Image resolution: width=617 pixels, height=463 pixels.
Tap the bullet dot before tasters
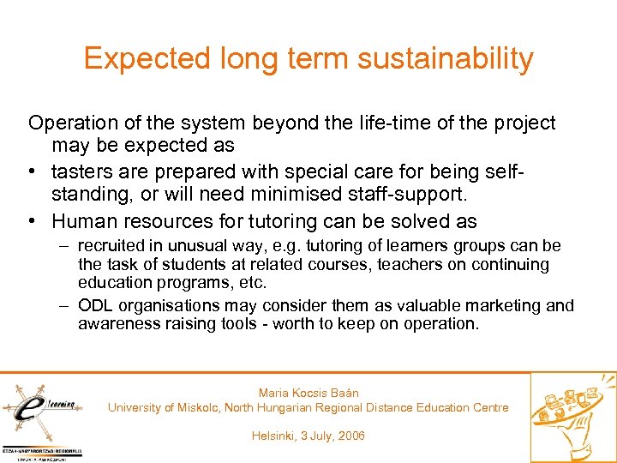[34, 172]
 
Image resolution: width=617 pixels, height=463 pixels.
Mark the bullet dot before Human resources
[34, 221]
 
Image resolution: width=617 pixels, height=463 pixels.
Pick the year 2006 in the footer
[350, 436]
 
